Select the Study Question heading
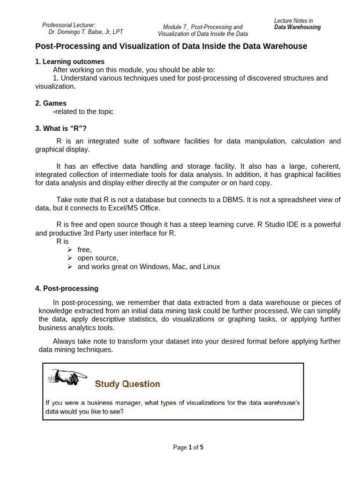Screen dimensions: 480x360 click(x=127, y=384)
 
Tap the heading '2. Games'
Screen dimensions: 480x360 click(x=51, y=103)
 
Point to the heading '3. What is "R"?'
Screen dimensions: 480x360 click(x=62, y=128)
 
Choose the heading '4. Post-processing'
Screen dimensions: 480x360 click(x=67, y=288)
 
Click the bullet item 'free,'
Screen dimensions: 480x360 click(x=85, y=250)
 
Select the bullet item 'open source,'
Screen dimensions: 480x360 click(x=98, y=258)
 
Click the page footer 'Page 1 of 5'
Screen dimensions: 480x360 click(x=188, y=447)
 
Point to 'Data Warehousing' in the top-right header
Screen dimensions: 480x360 click(x=298, y=27)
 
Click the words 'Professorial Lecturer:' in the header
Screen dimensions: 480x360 click(x=68, y=25)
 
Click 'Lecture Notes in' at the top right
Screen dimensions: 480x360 click(x=293, y=21)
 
